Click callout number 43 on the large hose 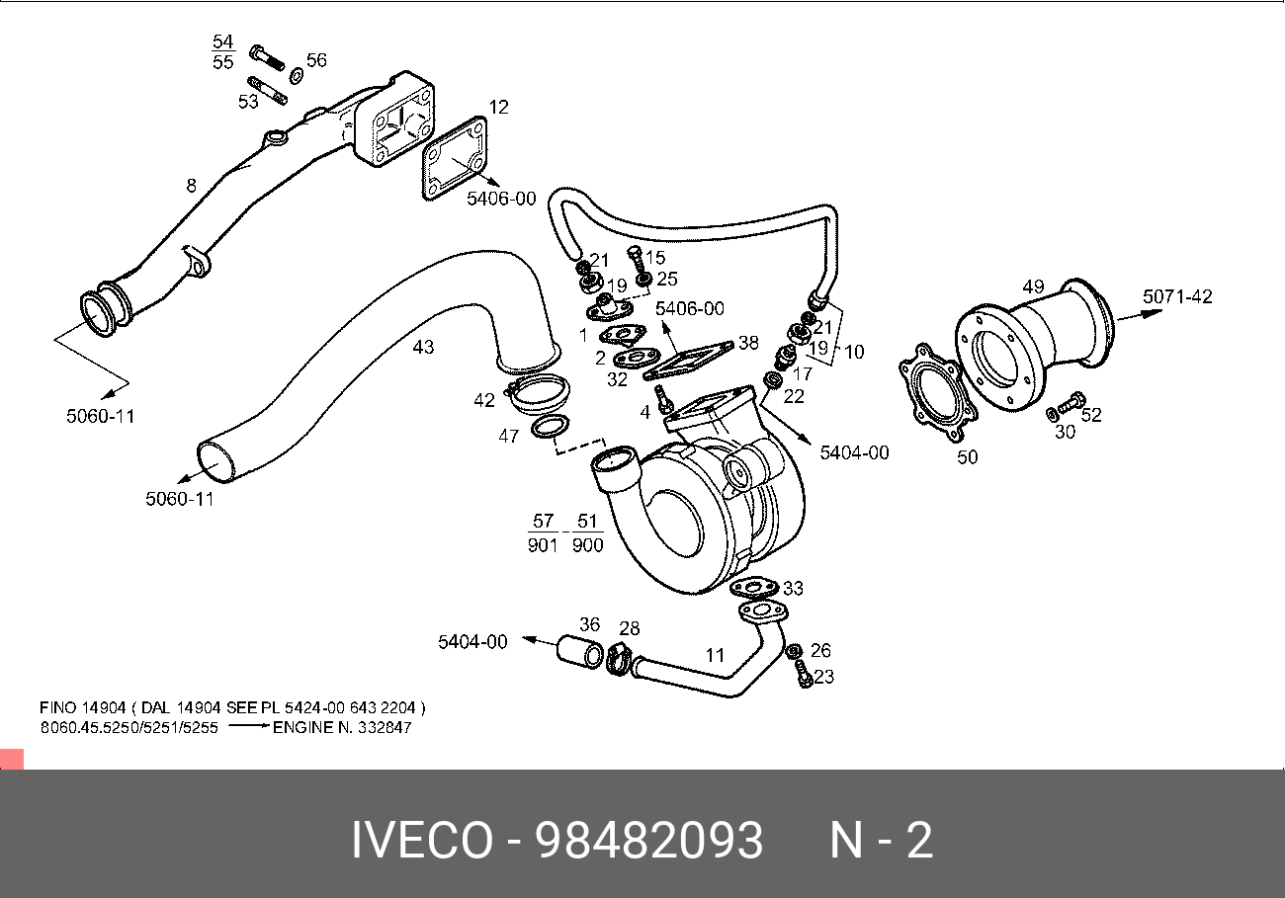(x=423, y=347)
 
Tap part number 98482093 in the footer (x=648, y=841)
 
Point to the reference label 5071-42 (x=1177, y=296)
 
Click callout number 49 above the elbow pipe (x=1033, y=286)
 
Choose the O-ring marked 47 (x=550, y=428)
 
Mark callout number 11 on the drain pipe (x=715, y=655)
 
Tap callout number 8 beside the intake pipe (x=191, y=185)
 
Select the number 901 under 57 (x=543, y=544)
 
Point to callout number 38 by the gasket (x=748, y=343)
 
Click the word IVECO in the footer (x=422, y=841)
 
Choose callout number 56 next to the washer (x=315, y=60)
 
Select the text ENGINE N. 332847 (x=342, y=727)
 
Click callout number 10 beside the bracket (x=853, y=351)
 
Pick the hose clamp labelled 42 (x=540, y=395)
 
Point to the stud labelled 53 (x=269, y=90)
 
